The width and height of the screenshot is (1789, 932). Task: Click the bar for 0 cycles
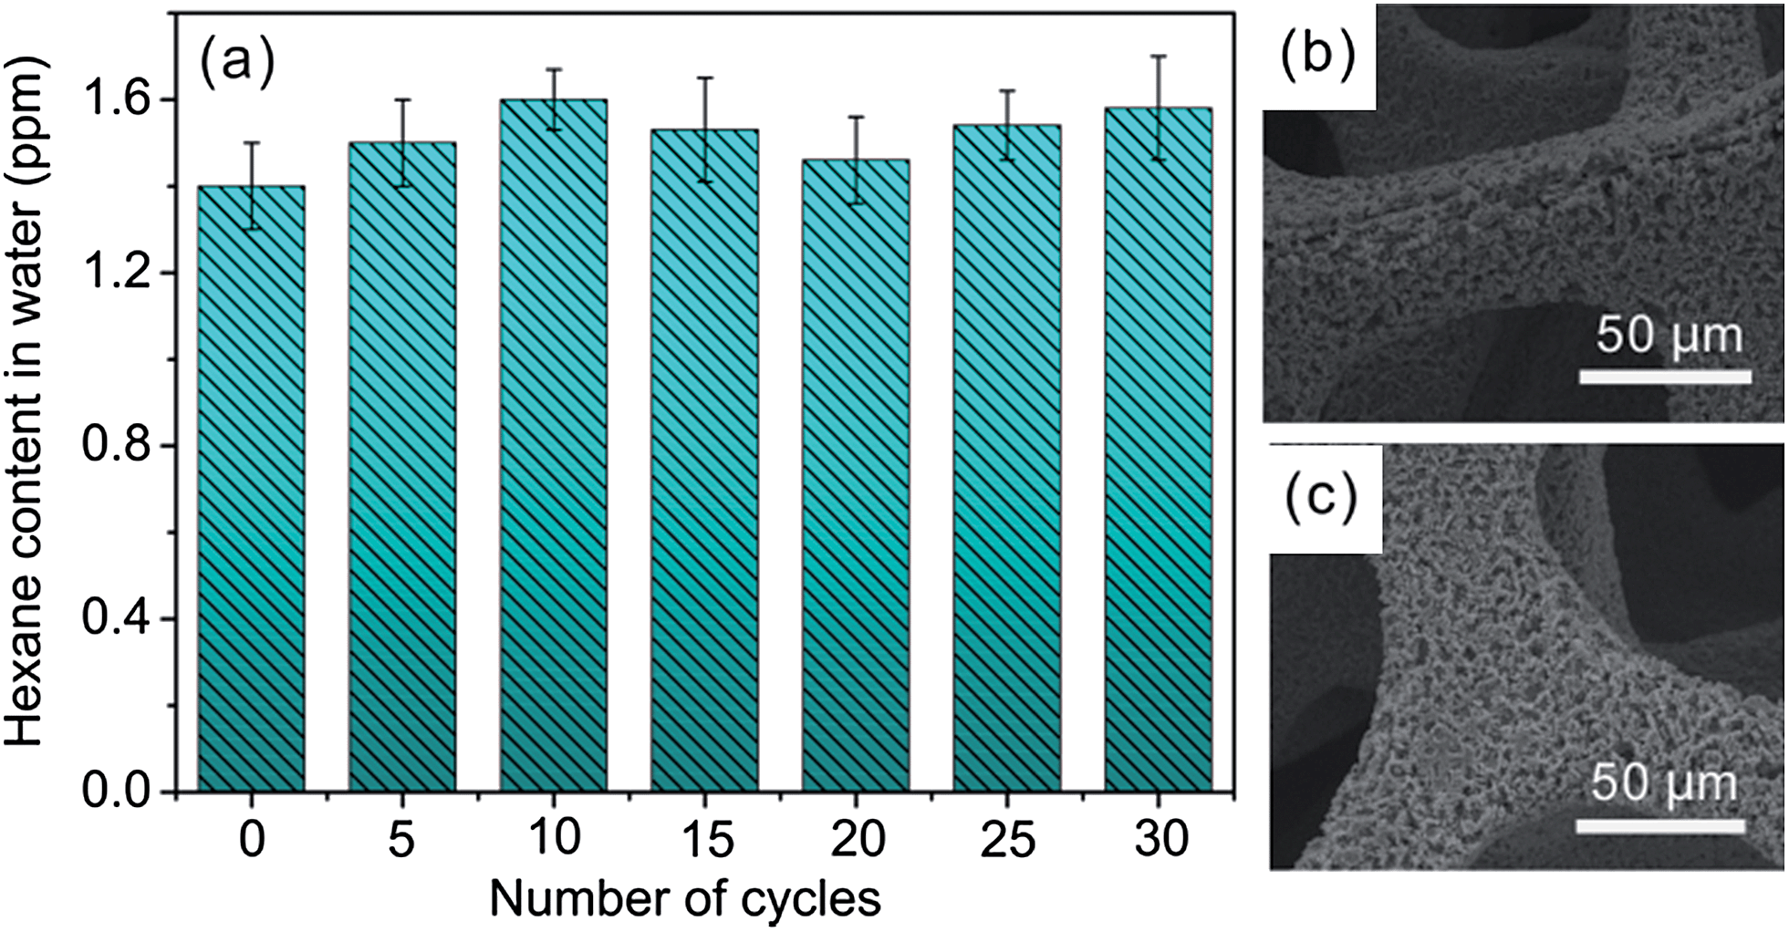click(x=251, y=488)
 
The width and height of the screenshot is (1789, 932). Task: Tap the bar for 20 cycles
click(x=856, y=474)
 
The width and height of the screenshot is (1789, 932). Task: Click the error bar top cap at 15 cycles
click(x=704, y=78)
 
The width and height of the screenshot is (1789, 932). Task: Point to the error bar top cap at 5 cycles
click(x=402, y=99)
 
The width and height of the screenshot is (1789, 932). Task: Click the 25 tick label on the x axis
click(x=1007, y=839)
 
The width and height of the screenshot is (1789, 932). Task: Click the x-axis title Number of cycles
click(x=685, y=899)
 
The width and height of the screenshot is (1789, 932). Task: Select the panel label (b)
click(x=1317, y=57)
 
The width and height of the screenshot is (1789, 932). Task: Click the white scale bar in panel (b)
click(x=1665, y=377)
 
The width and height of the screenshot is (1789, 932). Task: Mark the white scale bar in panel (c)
click(x=1660, y=826)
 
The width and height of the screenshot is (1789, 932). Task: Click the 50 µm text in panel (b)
click(x=1669, y=336)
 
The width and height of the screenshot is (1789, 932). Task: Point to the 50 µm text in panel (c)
click(x=1663, y=784)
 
